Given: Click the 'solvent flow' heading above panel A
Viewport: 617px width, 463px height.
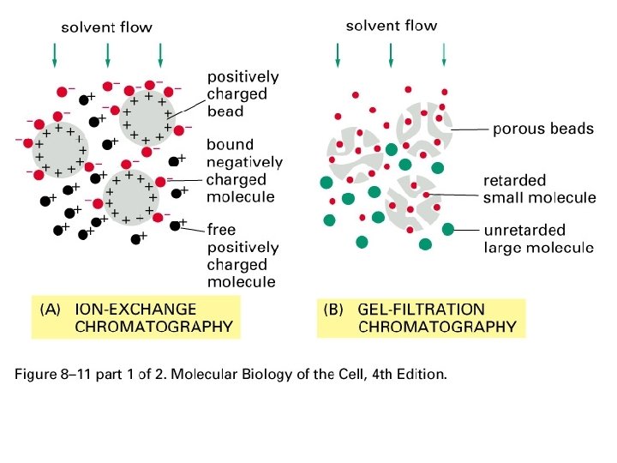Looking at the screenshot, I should pos(106,27).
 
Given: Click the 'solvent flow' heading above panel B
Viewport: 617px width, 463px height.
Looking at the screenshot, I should pos(391,26).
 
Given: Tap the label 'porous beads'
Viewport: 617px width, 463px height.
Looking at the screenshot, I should pos(542,129).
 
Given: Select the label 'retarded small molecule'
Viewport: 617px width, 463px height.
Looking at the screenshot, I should pos(539,189).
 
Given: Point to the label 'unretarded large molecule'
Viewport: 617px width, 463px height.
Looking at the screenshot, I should pos(538,239).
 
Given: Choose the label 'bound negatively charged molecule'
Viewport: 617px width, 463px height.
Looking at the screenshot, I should pos(244,171).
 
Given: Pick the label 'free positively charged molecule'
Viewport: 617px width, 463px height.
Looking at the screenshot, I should pos(243,256).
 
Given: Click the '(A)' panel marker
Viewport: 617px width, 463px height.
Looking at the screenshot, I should pos(54,310).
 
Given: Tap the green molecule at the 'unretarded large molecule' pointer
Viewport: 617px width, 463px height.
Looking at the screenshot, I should pos(447,229).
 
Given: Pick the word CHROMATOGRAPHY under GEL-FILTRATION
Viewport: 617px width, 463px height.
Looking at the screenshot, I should pos(437,326).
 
